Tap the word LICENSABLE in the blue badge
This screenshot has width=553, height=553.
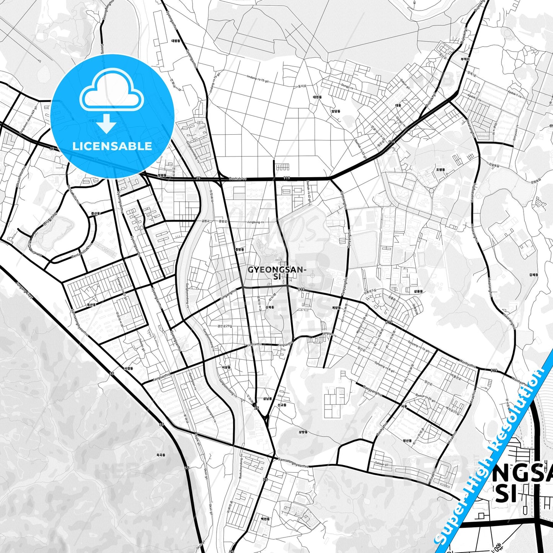click(x=112, y=146)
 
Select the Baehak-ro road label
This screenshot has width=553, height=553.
click(x=238, y=178)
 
